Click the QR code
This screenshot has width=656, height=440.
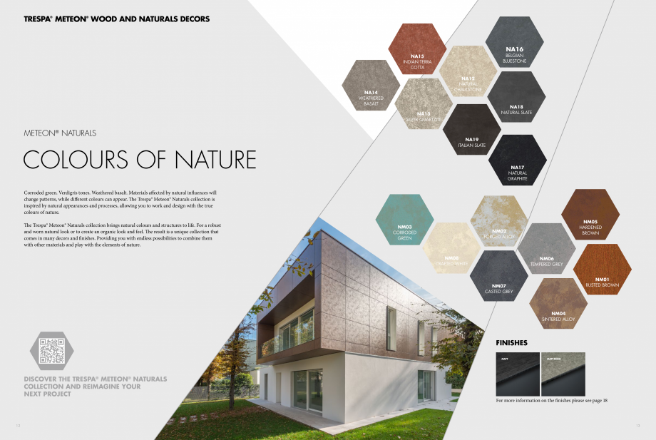(x=52, y=351)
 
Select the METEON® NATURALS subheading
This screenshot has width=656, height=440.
(x=60, y=133)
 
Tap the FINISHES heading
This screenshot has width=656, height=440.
(x=511, y=342)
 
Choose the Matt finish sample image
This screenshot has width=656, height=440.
(x=518, y=374)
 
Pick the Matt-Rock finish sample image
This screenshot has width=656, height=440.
(x=563, y=374)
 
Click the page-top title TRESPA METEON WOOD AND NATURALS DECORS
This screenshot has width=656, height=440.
(x=117, y=19)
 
